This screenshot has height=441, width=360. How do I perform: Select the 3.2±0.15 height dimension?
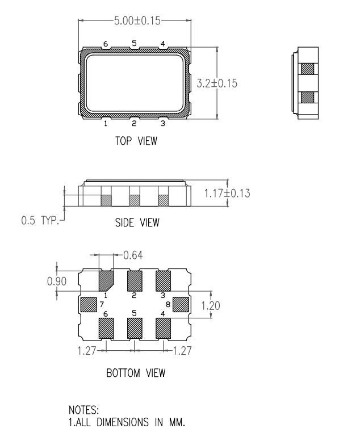217,83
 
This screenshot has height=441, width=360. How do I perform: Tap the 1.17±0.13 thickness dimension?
227,194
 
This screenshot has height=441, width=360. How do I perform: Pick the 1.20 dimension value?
211,306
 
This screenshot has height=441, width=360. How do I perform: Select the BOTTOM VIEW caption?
136,373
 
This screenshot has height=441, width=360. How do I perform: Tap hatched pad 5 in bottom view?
135,328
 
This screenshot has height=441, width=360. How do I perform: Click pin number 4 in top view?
163,44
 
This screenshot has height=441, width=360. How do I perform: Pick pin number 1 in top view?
106,123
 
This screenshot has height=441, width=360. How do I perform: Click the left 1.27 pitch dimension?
87,350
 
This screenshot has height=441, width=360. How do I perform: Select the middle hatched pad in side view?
135,200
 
